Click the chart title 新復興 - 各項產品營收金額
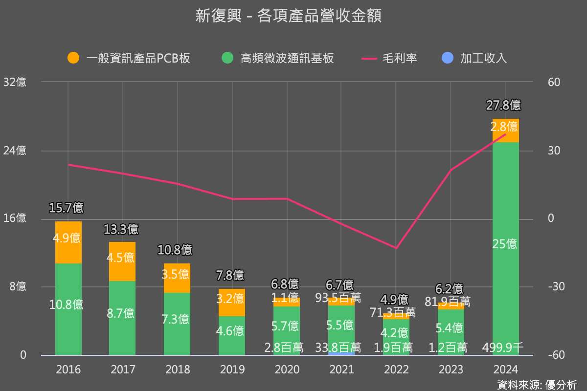point(288,16)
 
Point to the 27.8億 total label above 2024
point(503,105)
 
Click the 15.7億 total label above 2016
point(67,208)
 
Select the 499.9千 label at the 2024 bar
point(503,348)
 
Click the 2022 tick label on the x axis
point(396,369)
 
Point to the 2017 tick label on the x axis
point(123,369)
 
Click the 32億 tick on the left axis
point(15,82)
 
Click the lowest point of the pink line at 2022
point(396,248)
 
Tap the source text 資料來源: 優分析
point(537,385)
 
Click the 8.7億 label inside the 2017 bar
point(121,313)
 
